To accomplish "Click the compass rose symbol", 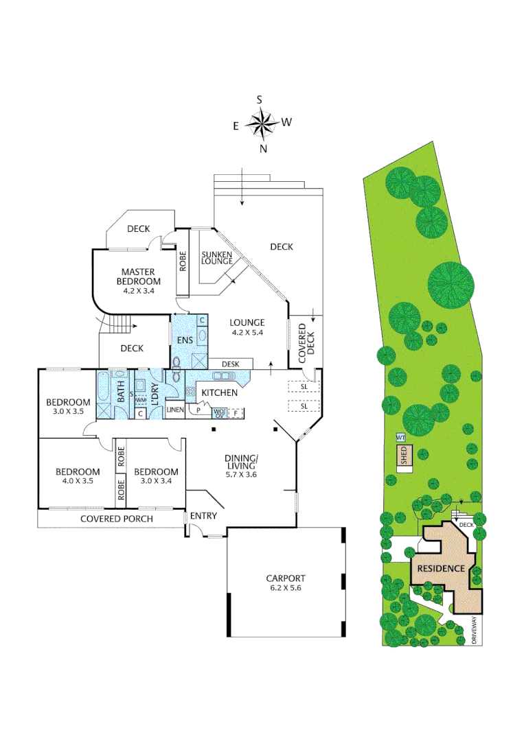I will tap(262, 123).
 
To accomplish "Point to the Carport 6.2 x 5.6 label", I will tap(286, 583).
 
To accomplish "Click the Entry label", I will tap(204, 517).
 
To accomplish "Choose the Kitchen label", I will tap(219, 392).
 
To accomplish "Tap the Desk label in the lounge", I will tap(229, 363).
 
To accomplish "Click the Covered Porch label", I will tap(117, 519).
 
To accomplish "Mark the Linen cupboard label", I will tap(175, 410).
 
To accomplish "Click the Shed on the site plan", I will tap(404, 456).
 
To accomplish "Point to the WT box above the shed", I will tap(400, 437).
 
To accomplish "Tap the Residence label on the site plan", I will tap(441, 569).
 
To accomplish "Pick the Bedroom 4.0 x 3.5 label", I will tap(78, 476).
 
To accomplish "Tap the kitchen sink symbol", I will tap(225, 376).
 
